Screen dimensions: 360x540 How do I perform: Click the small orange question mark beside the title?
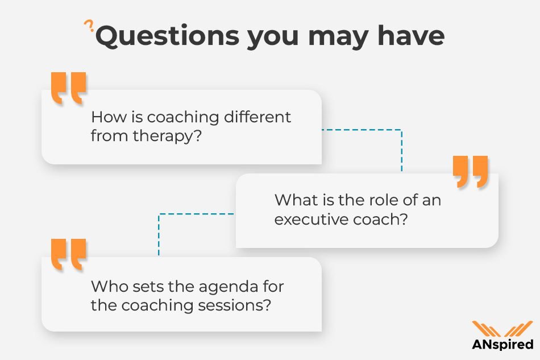pos(88,26)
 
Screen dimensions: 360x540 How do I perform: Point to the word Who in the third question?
pos(106,285)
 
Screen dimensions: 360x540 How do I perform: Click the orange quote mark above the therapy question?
pos(68,87)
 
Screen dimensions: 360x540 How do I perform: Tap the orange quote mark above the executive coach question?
pos(471,171)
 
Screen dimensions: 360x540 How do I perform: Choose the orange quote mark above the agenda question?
pos(68,254)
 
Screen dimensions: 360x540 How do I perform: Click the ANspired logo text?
pos(502,345)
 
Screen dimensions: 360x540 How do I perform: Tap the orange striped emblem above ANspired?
pos(502,329)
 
